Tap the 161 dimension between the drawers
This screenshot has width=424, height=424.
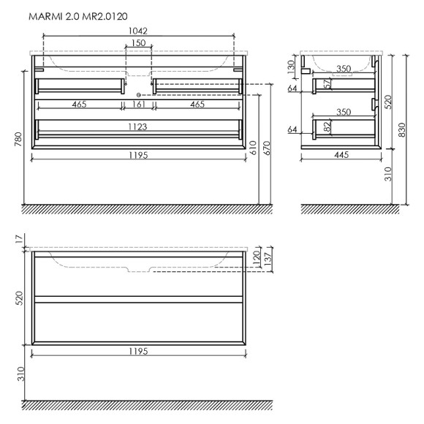[138, 105]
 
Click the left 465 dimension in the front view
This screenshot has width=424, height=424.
[80, 105]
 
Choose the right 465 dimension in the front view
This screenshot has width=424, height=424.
[197, 105]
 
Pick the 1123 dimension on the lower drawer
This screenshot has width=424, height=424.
[138, 126]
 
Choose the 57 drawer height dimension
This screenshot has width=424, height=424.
[327, 85]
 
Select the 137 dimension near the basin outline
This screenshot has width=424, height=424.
[268, 260]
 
